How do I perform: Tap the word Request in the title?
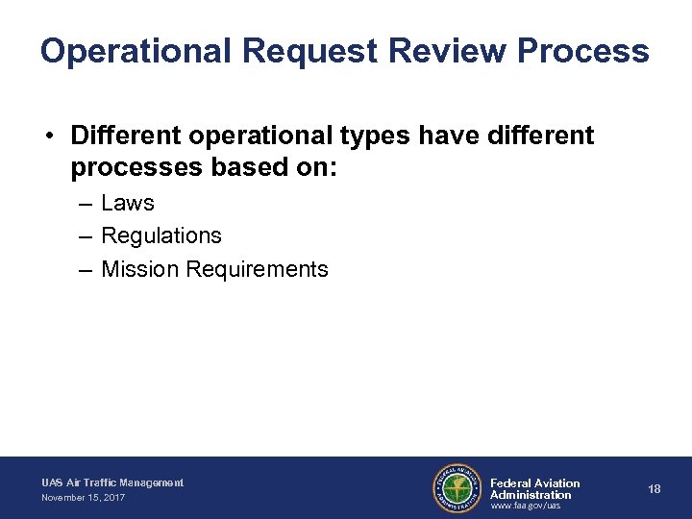[x=306, y=51]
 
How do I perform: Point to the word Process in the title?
[x=583, y=51]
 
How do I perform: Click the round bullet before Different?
[x=48, y=136]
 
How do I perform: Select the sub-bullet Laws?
[x=127, y=203]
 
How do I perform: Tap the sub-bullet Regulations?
[x=161, y=235]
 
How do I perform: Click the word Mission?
[x=140, y=269]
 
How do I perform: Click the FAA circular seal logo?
[x=457, y=488]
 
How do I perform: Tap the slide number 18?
[x=655, y=489]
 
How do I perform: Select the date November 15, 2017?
[x=83, y=498]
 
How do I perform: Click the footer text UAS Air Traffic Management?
[x=111, y=482]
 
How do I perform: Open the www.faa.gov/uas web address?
[x=525, y=506]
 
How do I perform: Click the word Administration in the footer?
[x=531, y=495]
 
